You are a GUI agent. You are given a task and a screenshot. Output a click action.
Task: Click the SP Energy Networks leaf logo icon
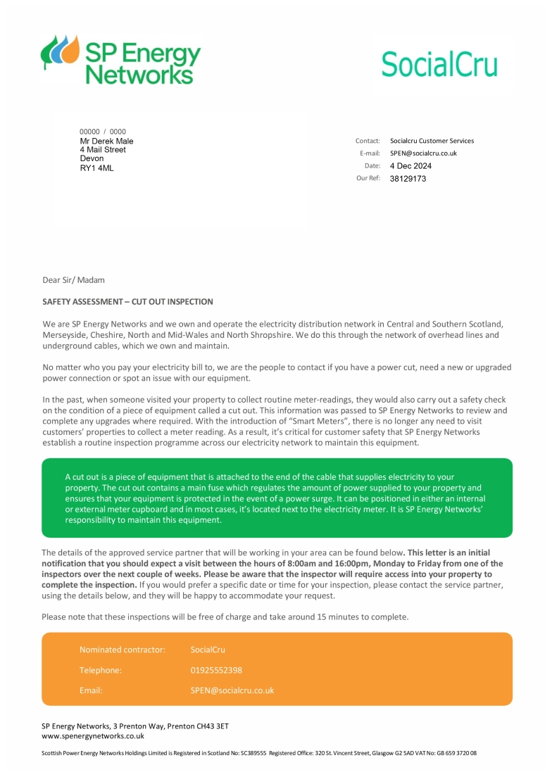(60, 51)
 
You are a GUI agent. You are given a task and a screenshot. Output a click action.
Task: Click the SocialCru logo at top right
(439, 64)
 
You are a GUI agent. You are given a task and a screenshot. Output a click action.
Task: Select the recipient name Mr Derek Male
(106, 141)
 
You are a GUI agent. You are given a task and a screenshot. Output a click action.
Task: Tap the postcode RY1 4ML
(96, 168)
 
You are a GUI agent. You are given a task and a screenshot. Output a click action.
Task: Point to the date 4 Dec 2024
(410, 166)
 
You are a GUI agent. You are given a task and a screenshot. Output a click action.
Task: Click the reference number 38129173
(408, 179)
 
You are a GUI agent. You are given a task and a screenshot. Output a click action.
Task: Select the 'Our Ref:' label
(368, 179)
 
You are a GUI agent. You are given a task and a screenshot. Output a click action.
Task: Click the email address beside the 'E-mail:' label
(423, 153)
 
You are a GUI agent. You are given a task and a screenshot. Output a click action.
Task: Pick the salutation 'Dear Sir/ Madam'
(73, 280)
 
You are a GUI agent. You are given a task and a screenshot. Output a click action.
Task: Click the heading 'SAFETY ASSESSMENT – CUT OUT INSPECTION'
(127, 302)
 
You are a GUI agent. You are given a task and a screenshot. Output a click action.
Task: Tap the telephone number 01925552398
(216, 670)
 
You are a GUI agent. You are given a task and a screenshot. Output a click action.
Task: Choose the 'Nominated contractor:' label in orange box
(122, 650)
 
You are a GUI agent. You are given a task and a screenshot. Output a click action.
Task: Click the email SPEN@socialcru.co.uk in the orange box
(232, 690)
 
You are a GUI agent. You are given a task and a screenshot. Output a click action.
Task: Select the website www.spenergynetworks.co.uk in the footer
(93, 736)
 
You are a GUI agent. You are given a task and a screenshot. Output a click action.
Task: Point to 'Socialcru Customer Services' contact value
(432, 141)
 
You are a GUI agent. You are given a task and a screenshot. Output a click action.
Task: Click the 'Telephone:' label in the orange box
(100, 670)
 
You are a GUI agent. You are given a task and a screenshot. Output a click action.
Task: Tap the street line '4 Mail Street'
(103, 150)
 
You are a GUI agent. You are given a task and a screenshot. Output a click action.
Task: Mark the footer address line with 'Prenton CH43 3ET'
(135, 726)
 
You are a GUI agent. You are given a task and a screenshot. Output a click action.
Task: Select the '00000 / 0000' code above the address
(103, 132)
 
